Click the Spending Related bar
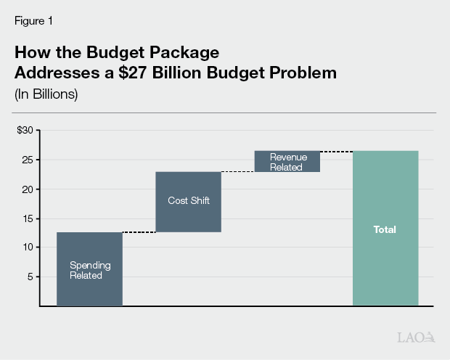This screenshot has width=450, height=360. [89, 269]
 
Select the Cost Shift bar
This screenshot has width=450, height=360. [188, 201]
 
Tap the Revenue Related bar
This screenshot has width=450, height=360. [287, 161]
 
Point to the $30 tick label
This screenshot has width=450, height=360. [25, 131]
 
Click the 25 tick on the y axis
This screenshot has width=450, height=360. [27, 160]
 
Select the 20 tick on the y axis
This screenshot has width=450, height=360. [27, 189]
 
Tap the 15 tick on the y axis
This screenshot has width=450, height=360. [27, 218]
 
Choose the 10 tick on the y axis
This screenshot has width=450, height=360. [27, 247]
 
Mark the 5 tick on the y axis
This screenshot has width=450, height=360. [30, 277]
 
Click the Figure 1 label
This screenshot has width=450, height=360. [33, 21]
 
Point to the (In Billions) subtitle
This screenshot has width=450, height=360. [46, 94]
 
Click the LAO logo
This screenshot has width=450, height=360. [416, 337]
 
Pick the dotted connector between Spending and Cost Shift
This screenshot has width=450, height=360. [139, 232]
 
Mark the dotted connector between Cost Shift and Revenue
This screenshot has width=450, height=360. [237, 172]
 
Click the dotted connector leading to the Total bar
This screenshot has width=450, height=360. [336, 152]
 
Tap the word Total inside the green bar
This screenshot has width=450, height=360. [385, 229]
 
